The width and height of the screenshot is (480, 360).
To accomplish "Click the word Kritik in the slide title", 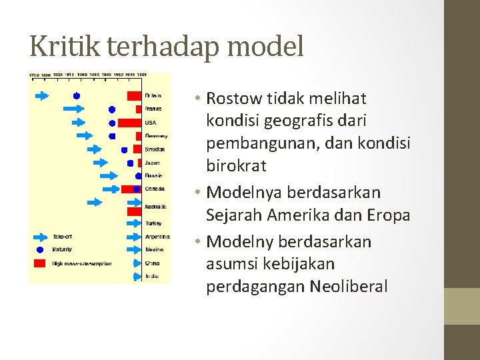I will coord(65,47).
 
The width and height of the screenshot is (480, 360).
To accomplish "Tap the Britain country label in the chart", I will coord(154,95).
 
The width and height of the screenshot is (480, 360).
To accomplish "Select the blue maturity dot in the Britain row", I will coord(77,96).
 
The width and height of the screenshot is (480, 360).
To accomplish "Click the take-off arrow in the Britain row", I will coord(41,96).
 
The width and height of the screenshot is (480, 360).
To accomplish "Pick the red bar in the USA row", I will coord(129,123).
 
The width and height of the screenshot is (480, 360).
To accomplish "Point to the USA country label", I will coord(151,123).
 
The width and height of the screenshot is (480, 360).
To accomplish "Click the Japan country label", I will coord(153,163).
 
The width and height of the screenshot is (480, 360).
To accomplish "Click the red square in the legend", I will coord(40,263).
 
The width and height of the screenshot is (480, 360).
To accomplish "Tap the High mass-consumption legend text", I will coord(82,263).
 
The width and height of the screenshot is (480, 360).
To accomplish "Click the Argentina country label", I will coord(157,237).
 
